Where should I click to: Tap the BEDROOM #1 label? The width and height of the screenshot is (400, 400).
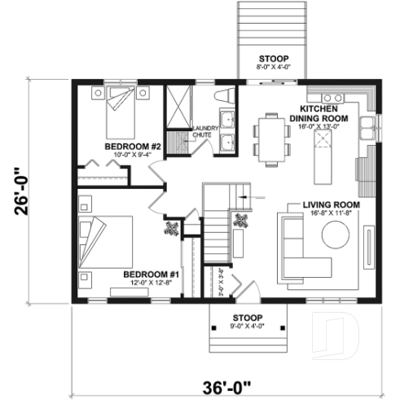click(145, 275)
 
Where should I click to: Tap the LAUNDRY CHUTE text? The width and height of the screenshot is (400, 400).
click(202, 133)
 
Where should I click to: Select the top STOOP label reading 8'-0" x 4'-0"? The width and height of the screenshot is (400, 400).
click(267, 64)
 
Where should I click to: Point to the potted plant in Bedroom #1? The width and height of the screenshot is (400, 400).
click(173, 229)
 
